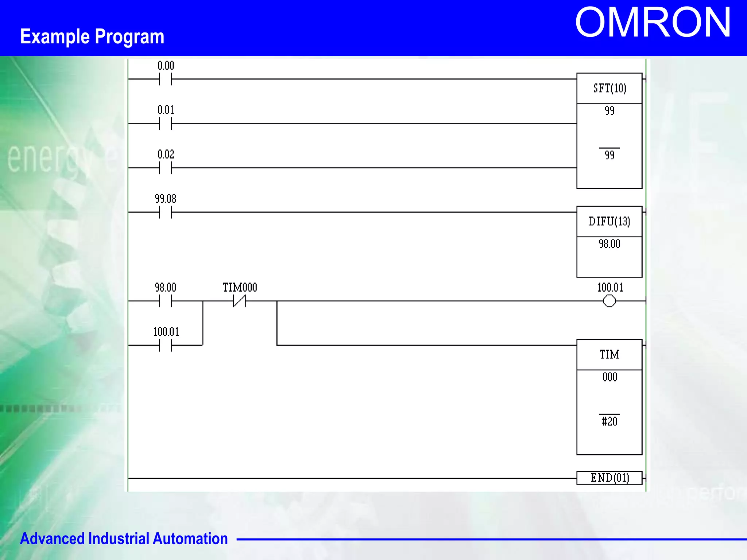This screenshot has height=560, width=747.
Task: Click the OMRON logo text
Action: [x=653, y=23]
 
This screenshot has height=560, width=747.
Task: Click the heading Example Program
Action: [x=92, y=36]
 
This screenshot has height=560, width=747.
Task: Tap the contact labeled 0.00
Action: [x=165, y=79]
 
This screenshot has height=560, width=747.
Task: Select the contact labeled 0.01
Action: [x=165, y=124]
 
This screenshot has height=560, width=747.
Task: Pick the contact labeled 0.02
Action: [x=165, y=168]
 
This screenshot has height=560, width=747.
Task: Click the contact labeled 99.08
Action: [x=165, y=212]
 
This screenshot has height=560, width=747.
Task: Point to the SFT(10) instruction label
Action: [x=609, y=88]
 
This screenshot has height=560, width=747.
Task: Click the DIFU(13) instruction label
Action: [x=609, y=221]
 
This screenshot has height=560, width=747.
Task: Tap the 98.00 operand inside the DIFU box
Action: [x=609, y=244]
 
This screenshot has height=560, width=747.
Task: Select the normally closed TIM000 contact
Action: [x=239, y=301]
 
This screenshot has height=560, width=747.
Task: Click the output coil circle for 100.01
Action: [x=609, y=301]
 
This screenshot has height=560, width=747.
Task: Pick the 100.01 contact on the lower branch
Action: [x=165, y=345]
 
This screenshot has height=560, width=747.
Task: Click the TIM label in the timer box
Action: [x=609, y=354]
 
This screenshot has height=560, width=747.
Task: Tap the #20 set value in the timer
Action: [x=609, y=421]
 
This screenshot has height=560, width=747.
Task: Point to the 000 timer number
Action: [x=609, y=377]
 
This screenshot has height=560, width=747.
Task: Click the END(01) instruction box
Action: [x=609, y=478]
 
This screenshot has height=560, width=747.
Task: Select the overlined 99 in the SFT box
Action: [x=609, y=155]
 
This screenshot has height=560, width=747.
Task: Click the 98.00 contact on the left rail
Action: [x=165, y=301]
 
